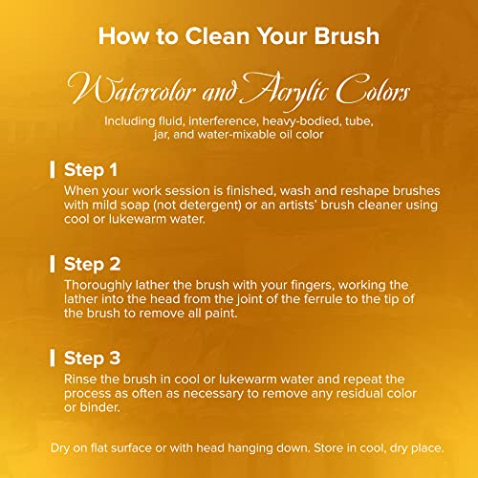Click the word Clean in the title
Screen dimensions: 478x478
217,35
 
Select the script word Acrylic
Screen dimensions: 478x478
284,91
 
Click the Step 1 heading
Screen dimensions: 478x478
91,169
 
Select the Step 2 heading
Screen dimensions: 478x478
92,264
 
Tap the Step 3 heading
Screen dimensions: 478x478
92,358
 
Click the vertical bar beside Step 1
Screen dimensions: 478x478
53,169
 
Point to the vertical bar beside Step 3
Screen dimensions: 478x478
53,358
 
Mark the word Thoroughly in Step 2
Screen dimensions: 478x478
98,285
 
